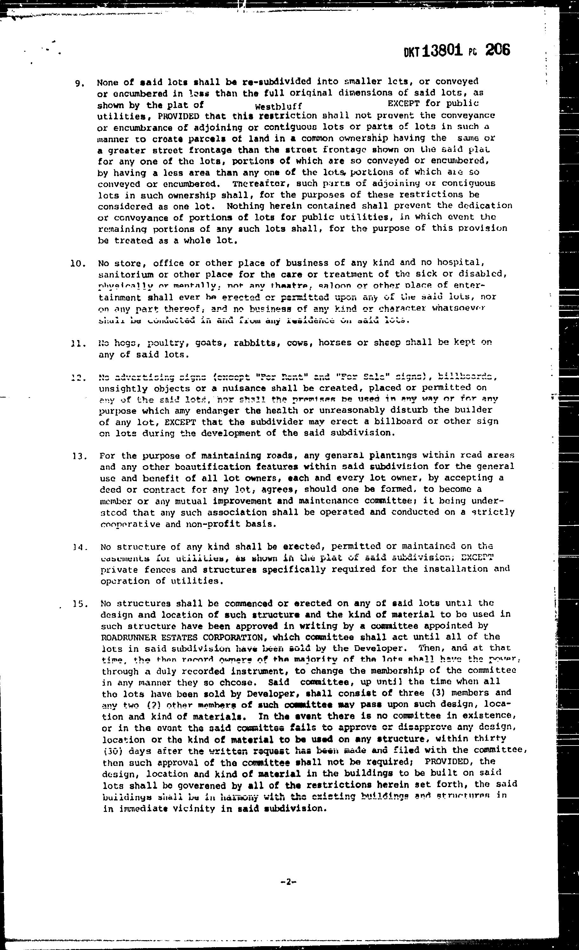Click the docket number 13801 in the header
point(442,51)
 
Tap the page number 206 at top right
point(497,50)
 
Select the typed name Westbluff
point(278,106)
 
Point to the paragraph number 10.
point(79,264)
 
